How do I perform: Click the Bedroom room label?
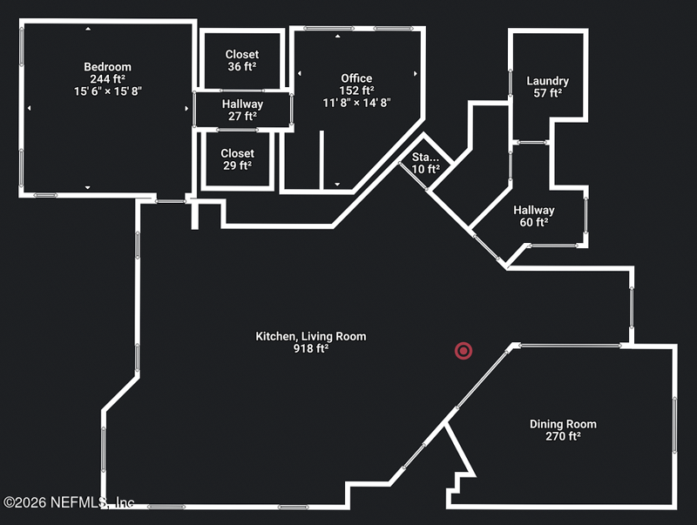pyautogui.click(x=107, y=67)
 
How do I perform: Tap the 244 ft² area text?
pyautogui.click(x=107, y=79)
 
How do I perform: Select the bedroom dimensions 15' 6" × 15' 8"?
pyautogui.click(x=107, y=91)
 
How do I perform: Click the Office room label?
pyautogui.click(x=356, y=78)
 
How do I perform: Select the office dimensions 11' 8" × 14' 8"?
pyautogui.click(x=356, y=103)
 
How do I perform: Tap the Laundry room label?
pyautogui.click(x=548, y=81)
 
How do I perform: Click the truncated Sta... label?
pyautogui.click(x=425, y=157)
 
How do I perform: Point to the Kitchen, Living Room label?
pyautogui.click(x=311, y=336)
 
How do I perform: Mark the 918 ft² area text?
pyautogui.click(x=311, y=348)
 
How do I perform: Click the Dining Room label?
pyautogui.click(x=563, y=424)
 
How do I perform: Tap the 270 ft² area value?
pyautogui.click(x=563, y=436)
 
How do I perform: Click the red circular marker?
pyautogui.click(x=464, y=351)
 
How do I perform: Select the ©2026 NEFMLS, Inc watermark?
pyautogui.click(x=69, y=502)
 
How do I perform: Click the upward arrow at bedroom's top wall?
pyautogui.click(x=88, y=29)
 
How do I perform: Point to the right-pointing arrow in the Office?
pyautogui.click(x=416, y=73)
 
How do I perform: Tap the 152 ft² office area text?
pyautogui.click(x=356, y=91)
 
